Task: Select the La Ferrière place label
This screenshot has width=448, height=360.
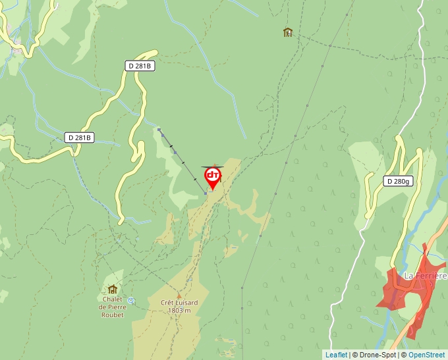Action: coord(425,276)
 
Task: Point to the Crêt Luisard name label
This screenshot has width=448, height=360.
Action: coord(179,303)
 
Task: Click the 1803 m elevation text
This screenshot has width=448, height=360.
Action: coord(179,311)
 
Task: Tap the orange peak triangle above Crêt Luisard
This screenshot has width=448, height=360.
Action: coord(179,295)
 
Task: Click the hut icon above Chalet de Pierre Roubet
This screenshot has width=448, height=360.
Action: coord(112,289)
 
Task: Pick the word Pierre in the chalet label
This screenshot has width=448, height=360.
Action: coord(115,307)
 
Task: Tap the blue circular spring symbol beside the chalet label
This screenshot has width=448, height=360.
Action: coord(131,301)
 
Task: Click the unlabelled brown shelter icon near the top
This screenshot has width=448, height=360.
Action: coord(287,32)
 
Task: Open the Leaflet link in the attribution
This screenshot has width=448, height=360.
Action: coord(336,355)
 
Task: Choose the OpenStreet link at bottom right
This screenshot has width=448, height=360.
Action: coord(426,355)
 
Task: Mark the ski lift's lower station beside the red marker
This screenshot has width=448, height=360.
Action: coord(206,193)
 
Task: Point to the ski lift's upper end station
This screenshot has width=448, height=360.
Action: coord(159,130)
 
